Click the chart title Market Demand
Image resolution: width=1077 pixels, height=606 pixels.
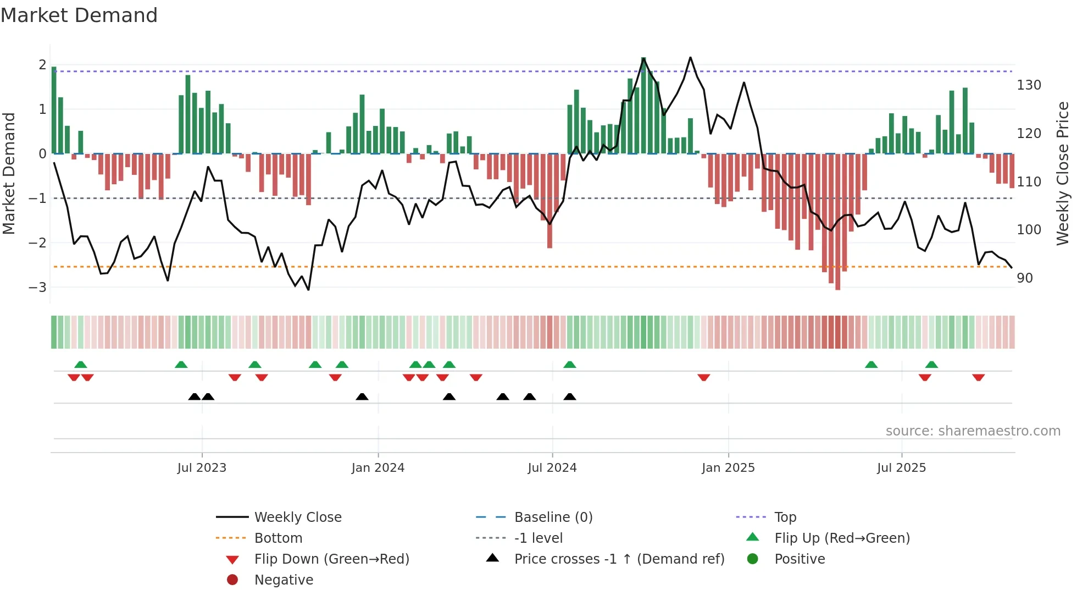click(x=79, y=15)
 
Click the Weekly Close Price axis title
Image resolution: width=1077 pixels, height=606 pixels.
click(x=1063, y=173)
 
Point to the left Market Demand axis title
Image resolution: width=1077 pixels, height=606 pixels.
click(x=9, y=173)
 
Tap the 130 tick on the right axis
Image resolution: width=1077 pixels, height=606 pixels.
click(x=1029, y=85)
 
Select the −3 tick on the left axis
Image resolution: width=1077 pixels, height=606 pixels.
click(x=37, y=287)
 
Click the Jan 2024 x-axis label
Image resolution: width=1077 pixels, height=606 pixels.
click(x=378, y=468)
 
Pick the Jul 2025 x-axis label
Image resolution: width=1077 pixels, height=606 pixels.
click(x=901, y=468)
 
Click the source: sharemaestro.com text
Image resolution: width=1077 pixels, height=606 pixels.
click(x=973, y=431)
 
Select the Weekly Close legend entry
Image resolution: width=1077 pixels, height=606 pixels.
click(x=297, y=517)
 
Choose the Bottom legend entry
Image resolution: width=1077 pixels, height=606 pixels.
click(x=278, y=538)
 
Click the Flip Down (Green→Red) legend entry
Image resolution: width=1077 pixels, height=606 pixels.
click(x=331, y=559)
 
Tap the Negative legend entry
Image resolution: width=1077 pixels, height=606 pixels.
click(x=284, y=580)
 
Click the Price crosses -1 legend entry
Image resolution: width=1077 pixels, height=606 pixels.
click(x=619, y=559)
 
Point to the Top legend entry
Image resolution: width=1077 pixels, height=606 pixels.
click(x=785, y=517)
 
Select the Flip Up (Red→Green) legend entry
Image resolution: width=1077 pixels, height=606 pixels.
click(x=842, y=538)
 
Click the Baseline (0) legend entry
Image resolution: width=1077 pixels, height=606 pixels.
click(x=553, y=517)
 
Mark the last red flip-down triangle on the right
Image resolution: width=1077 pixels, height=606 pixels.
click(x=978, y=377)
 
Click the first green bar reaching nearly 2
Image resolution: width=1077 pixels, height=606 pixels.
click(x=54, y=110)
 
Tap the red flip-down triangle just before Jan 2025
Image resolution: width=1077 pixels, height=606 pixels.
click(x=704, y=377)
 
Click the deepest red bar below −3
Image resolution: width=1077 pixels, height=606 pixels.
click(x=837, y=220)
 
